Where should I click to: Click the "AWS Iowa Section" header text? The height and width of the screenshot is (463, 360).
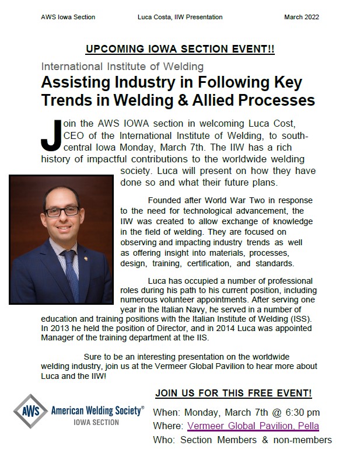[x=68, y=17]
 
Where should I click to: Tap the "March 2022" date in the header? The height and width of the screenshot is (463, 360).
[x=302, y=17]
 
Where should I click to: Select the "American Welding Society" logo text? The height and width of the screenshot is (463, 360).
[x=98, y=410]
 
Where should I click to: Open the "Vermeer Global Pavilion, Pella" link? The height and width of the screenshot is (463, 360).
[x=253, y=426]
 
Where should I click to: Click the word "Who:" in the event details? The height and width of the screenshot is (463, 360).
[x=163, y=440]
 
